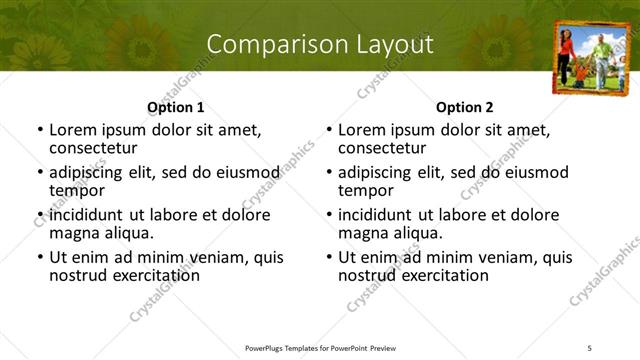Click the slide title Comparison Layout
click(x=320, y=44)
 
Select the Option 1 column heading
click(x=176, y=107)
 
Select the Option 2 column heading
click(x=465, y=107)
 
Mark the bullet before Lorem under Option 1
click(x=39, y=130)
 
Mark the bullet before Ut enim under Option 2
click(x=329, y=258)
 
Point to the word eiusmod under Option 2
click(x=530, y=172)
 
